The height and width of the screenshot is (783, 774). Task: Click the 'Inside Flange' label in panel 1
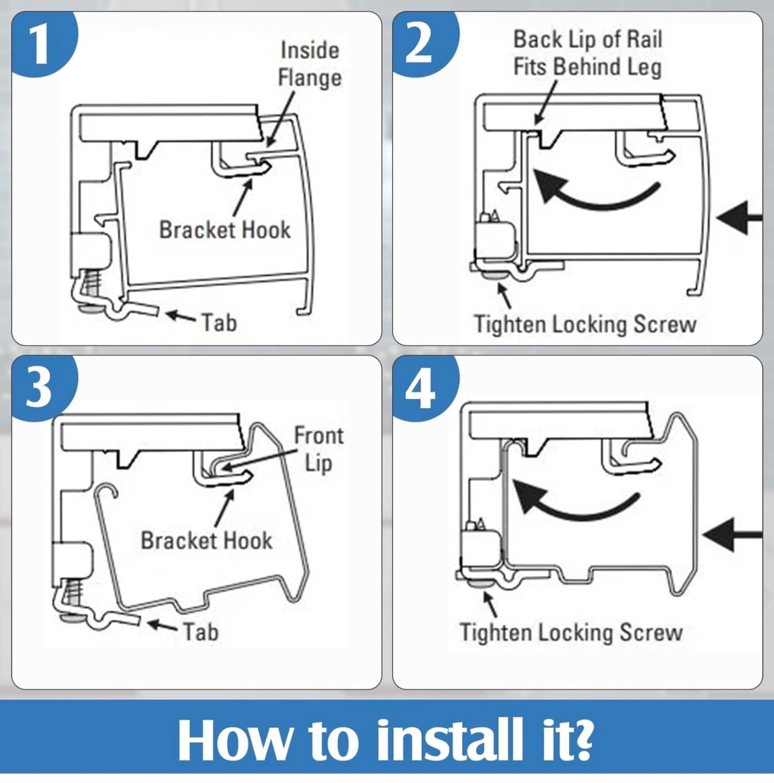310,64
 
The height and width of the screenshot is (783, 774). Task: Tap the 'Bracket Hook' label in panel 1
225,230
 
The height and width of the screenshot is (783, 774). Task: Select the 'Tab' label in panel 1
219,323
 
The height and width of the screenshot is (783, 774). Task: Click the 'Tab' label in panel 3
200,632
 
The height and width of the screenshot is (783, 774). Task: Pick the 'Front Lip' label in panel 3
319,449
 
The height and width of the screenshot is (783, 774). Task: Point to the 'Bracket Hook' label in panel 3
206,541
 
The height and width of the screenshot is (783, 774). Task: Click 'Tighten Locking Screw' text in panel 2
585,324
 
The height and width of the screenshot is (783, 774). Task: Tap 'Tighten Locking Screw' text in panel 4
571,632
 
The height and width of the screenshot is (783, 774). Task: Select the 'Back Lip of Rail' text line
588,39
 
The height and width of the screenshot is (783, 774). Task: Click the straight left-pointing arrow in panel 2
739,217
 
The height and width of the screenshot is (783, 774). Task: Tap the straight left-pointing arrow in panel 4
732,534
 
